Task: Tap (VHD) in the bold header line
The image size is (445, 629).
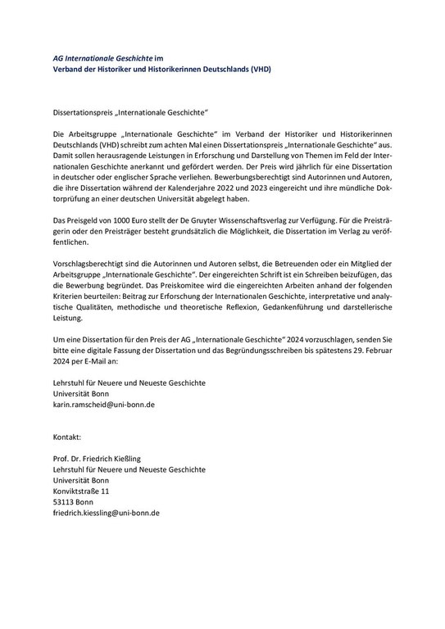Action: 258,69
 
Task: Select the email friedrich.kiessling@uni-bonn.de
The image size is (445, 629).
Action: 106,512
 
